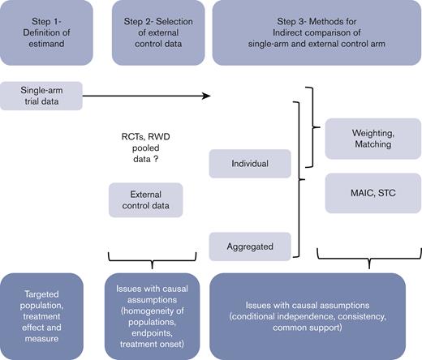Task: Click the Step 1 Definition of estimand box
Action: coord(51,31)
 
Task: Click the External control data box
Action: coord(145,199)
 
